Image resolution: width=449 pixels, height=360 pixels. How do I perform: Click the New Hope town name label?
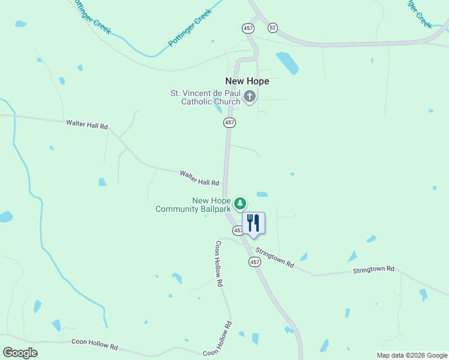point(247,81)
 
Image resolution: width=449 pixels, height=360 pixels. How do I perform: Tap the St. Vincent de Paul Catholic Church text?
point(206,97)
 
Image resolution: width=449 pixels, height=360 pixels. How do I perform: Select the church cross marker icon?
point(250,96)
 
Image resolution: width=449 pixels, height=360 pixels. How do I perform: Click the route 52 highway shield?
point(273,28)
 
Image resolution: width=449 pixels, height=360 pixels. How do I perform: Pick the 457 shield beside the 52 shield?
point(249,28)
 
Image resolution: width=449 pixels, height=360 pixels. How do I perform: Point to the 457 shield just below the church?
point(229,122)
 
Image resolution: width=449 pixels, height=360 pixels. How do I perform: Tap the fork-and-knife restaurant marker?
point(253,223)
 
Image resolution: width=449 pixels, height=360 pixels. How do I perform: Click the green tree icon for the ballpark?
point(240,204)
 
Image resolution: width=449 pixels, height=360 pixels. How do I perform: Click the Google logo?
point(20,353)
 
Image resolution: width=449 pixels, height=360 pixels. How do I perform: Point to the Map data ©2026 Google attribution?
point(412,355)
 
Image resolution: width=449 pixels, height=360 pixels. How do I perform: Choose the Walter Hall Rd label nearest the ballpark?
point(199,178)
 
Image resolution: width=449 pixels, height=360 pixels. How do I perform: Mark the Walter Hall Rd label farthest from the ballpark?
point(87,125)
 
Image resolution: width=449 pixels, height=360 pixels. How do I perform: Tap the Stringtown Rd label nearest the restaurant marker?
point(274,256)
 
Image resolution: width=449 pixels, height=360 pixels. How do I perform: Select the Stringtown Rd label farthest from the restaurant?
point(373,269)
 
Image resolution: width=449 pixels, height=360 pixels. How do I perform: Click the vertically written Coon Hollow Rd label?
point(219,263)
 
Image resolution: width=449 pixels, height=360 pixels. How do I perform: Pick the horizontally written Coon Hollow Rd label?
point(94,344)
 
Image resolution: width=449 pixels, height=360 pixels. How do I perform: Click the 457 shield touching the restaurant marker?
point(238,230)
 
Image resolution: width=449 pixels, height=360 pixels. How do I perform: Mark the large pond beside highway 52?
point(287,63)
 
